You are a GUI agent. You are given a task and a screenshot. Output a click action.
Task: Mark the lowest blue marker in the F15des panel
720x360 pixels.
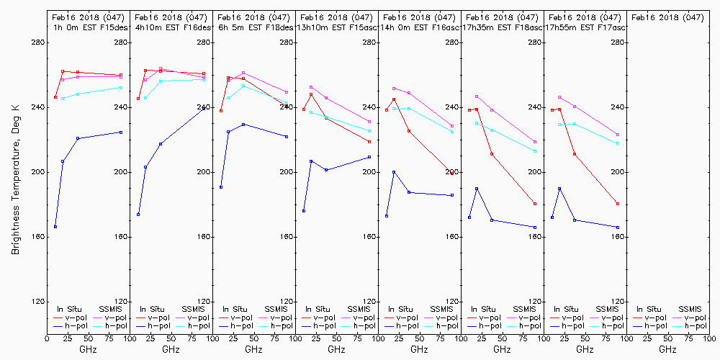[55, 227]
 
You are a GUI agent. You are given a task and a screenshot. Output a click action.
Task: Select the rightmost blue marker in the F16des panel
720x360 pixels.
[204, 107]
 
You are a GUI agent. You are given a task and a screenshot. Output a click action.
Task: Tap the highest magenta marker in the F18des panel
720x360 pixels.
[243, 73]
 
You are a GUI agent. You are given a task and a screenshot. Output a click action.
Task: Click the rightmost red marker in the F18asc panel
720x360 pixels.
[535, 204]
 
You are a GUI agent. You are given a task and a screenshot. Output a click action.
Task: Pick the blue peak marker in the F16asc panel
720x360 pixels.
[394, 172]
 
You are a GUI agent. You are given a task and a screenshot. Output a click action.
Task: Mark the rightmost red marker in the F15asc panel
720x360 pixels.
[369, 141]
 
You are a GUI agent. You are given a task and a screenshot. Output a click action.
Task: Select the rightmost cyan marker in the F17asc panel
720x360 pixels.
[618, 143]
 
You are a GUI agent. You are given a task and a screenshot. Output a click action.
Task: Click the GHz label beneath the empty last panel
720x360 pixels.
[667, 349]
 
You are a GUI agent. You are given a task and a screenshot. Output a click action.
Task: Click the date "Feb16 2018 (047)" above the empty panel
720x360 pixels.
[667, 17]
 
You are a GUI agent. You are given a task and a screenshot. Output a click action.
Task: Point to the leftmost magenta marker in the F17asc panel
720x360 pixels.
[559, 97]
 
